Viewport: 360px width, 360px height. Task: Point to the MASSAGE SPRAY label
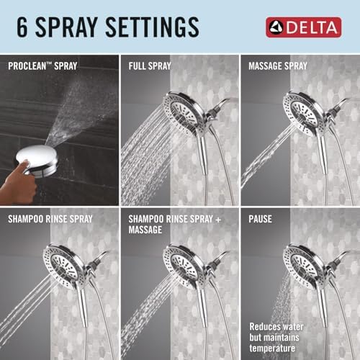pos(278,66)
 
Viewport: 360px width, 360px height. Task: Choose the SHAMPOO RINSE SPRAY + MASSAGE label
pos(175,223)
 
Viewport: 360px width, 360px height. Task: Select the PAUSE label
pos(261,218)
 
